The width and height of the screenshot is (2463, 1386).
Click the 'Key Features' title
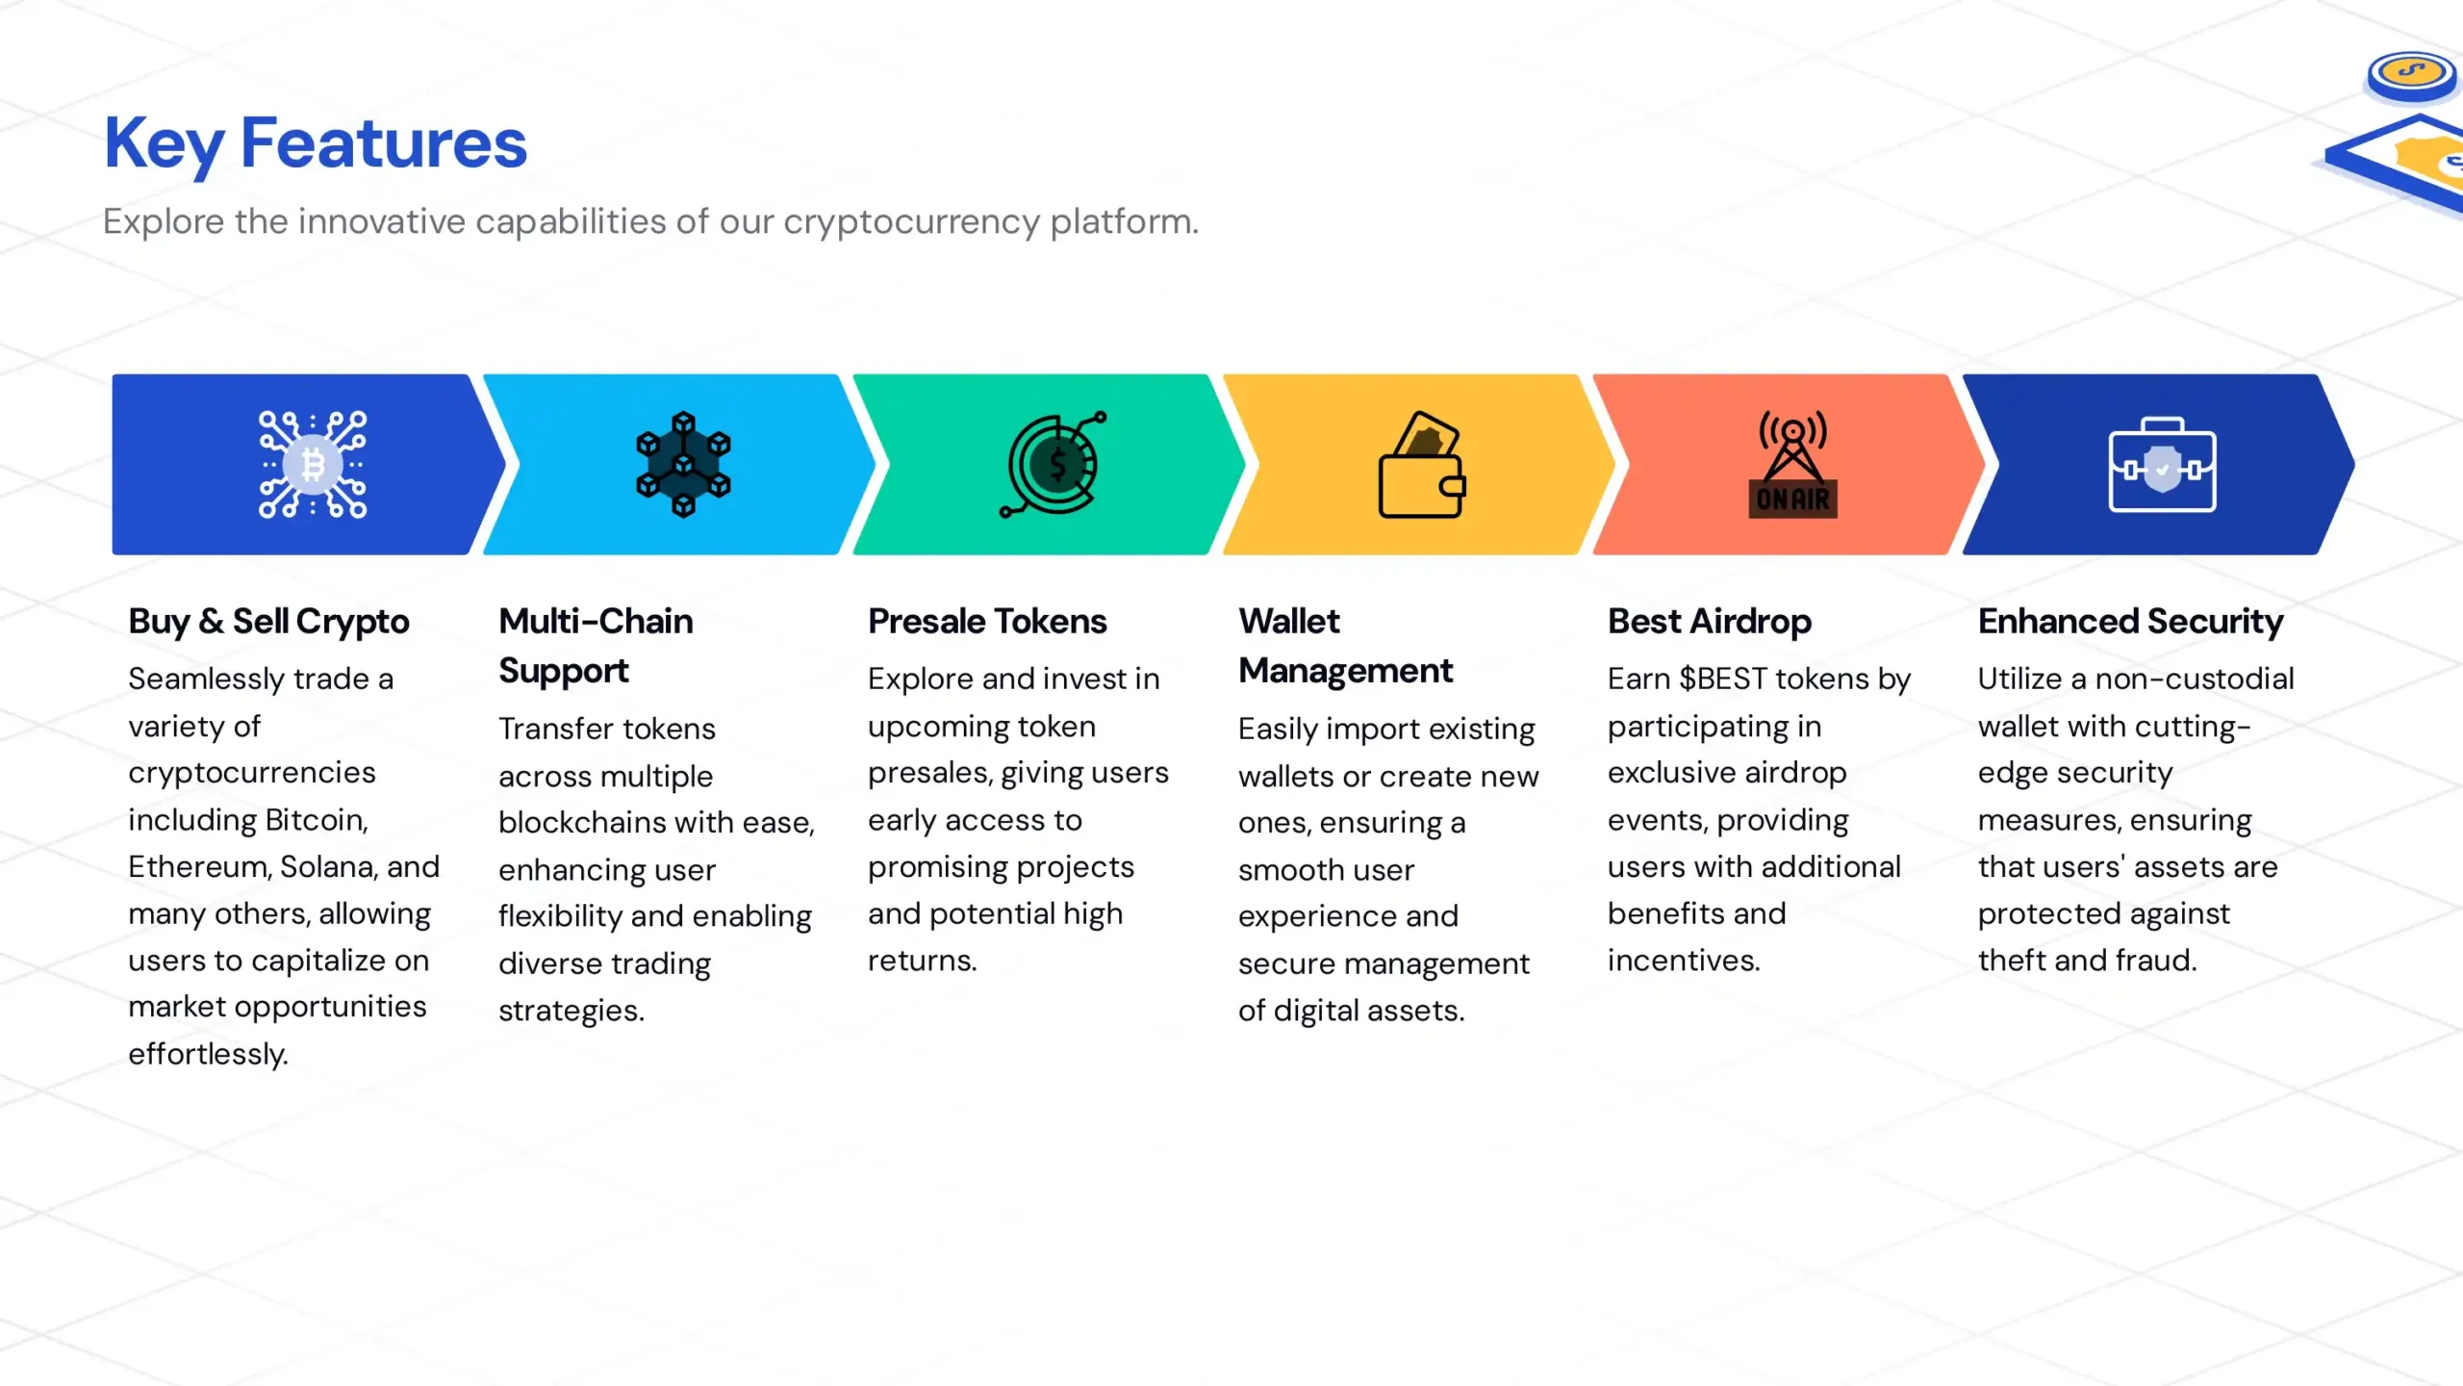[316, 143]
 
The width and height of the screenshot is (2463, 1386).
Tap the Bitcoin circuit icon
[313, 465]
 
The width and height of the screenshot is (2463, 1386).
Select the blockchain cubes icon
[683, 465]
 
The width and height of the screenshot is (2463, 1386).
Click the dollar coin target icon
[1054, 465]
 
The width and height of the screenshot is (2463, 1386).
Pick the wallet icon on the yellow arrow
[1422, 465]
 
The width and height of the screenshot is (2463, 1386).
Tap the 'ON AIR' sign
[1793, 500]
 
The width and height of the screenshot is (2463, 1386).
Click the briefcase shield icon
[2162, 465]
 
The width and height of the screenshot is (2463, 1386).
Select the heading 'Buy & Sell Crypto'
[268, 622]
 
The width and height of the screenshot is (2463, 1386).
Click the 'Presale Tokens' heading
[987, 621]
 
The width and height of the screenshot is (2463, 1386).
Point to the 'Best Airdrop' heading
[1710, 622]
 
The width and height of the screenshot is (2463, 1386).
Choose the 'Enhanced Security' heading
[2130, 622]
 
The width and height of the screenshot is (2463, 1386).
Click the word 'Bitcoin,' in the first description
[317, 820]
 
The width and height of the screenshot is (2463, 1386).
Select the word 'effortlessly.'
[208, 1054]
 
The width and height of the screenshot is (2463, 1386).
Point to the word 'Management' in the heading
[1345, 671]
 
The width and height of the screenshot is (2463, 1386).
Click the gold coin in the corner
[2412, 73]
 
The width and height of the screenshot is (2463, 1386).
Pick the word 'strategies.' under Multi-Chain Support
[571, 1011]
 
